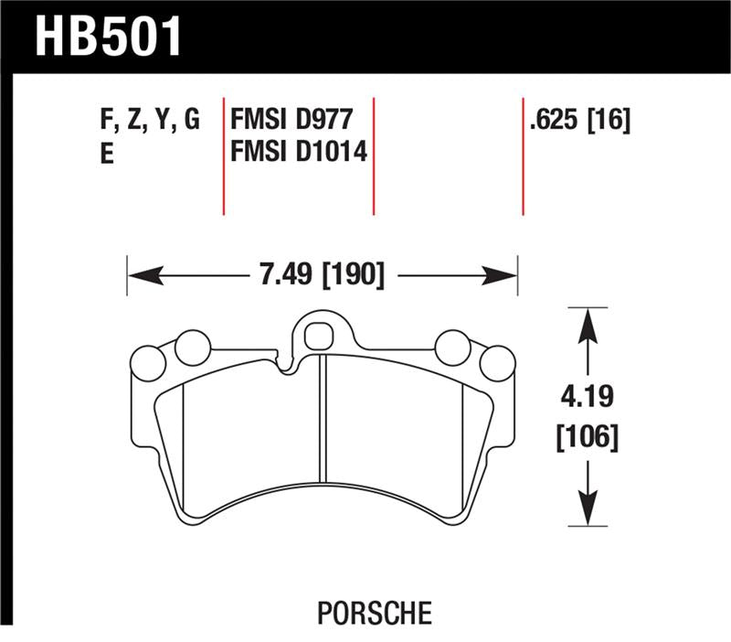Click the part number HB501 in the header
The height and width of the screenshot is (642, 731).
pyautogui.click(x=109, y=37)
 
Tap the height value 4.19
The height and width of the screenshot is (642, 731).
pyautogui.click(x=588, y=400)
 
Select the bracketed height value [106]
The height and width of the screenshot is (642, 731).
pyautogui.click(x=588, y=438)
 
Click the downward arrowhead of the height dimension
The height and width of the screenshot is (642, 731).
pyautogui.click(x=587, y=515)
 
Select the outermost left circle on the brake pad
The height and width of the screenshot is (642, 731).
pyautogui.click(x=148, y=363)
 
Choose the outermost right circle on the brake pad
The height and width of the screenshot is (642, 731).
pyautogui.click(x=498, y=363)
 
